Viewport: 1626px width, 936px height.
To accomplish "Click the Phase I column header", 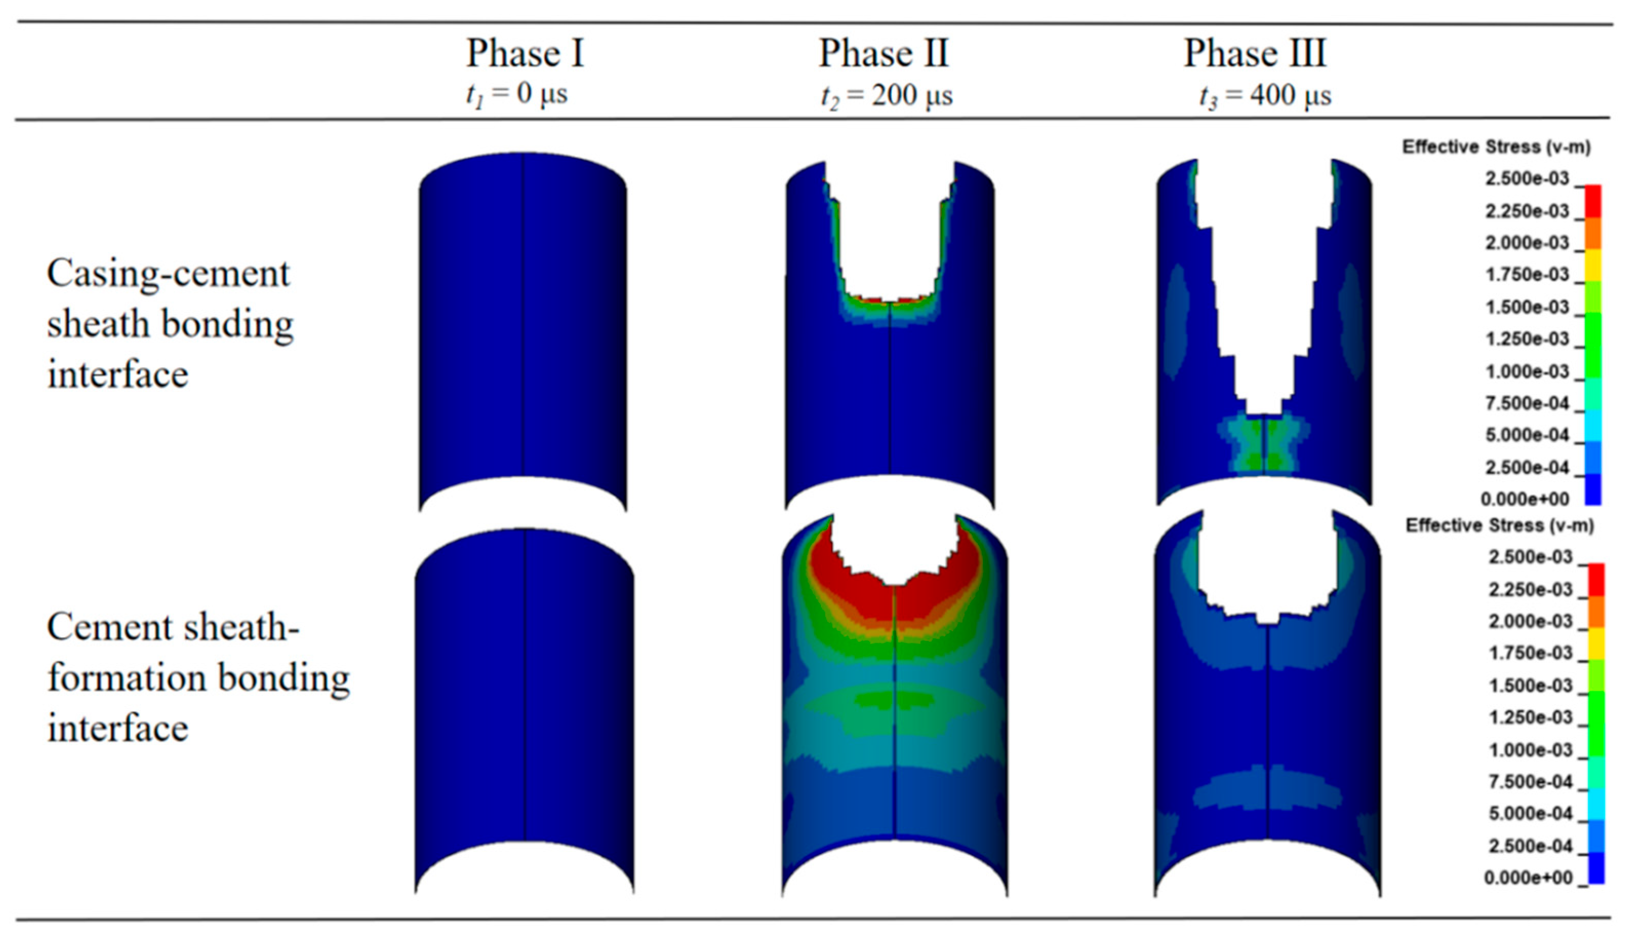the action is coord(525,53).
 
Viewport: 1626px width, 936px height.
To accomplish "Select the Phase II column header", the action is coord(883,53).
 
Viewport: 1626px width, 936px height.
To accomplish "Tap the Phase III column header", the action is coord(1255,53).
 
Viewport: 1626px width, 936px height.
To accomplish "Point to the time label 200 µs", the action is coord(911,96).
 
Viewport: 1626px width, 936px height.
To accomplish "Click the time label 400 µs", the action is coord(1291,96).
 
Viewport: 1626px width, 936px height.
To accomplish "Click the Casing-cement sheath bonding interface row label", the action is coord(170,323).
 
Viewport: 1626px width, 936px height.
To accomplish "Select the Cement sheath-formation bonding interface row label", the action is coord(198,677).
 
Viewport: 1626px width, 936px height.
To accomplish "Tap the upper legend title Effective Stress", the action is coord(1496,147).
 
